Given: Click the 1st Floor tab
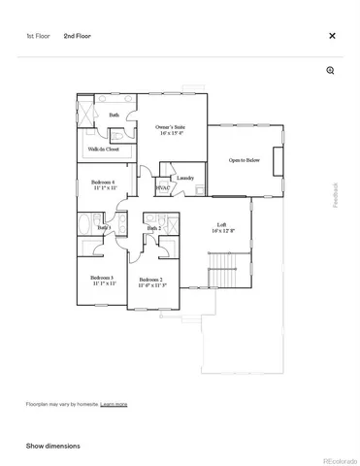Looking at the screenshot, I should (x=37, y=36).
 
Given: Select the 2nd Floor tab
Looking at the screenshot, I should (x=78, y=36).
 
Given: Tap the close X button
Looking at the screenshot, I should (x=332, y=36).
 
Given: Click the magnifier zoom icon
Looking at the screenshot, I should (x=331, y=71).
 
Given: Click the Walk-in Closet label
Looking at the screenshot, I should (x=103, y=150).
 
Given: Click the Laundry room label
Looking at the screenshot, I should (x=185, y=178).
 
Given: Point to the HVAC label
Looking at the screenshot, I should (x=163, y=187).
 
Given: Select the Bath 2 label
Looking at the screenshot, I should (x=153, y=228).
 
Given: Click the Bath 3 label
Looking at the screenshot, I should (x=104, y=227).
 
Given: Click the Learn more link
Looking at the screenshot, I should (x=114, y=403).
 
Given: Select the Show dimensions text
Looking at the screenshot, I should (x=52, y=446).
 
